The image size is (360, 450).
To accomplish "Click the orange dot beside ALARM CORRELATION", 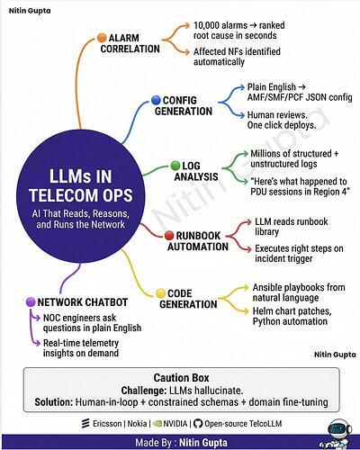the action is (102, 38).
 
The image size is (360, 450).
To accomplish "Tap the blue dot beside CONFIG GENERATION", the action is (156, 100).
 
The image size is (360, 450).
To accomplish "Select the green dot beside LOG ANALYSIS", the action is (175, 166).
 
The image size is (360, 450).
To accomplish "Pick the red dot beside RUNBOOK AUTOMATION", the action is (169, 236).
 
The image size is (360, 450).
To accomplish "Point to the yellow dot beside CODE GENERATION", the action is (161, 293).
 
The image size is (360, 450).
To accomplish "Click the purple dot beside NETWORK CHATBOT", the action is (31, 301).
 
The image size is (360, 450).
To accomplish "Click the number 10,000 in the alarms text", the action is (205, 25).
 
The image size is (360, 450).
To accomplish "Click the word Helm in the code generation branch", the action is (262, 311).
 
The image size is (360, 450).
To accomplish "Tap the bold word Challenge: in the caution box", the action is (144, 391).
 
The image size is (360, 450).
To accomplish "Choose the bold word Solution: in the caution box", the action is (54, 402).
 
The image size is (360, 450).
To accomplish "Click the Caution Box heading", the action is (181, 378).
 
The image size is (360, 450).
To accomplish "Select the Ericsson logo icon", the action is (85, 423).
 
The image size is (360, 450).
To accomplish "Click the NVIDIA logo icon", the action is (157, 424).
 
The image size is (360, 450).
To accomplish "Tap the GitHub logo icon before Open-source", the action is (198, 424).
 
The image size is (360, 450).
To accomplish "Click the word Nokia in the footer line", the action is (137, 424).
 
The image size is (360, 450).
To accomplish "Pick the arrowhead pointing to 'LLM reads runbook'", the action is (247, 221).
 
